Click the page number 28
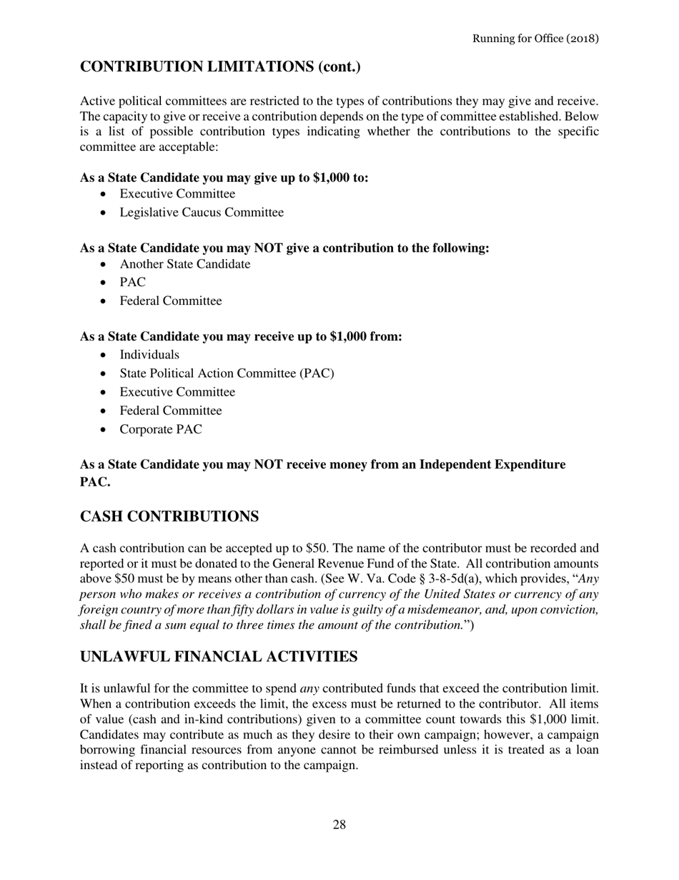[x=339, y=825]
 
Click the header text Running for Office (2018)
[x=535, y=38]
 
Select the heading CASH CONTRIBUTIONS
[x=169, y=517]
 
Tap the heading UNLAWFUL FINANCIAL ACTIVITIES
[x=219, y=657]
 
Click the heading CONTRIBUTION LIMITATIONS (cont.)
[x=220, y=67]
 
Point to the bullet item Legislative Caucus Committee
[x=202, y=212]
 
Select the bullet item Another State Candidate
[x=185, y=264]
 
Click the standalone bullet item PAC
[x=132, y=283]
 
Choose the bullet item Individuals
[x=149, y=355]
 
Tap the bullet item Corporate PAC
[x=161, y=429]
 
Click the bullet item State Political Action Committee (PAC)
[x=227, y=373]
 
